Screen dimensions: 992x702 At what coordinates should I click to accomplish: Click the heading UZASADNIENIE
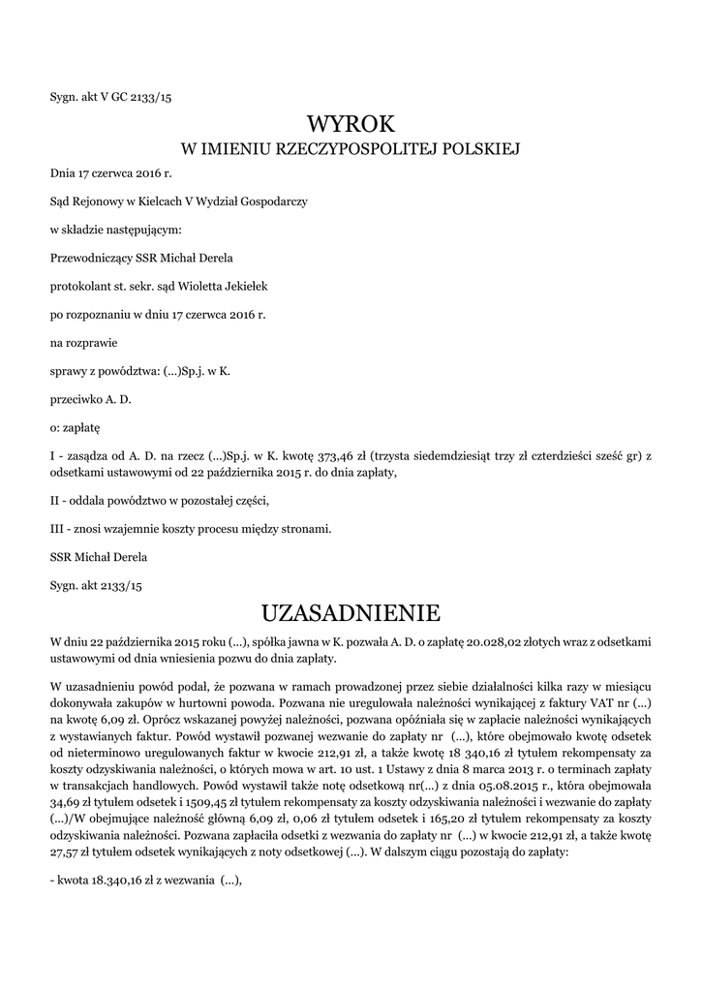click(x=351, y=613)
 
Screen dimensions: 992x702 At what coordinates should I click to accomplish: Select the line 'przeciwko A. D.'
click(x=90, y=399)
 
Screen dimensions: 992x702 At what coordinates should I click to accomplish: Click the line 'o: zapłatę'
click(x=76, y=427)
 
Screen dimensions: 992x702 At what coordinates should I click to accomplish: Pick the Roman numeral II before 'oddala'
click(x=55, y=501)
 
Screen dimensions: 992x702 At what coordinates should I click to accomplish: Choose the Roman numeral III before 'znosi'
click(x=57, y=529)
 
